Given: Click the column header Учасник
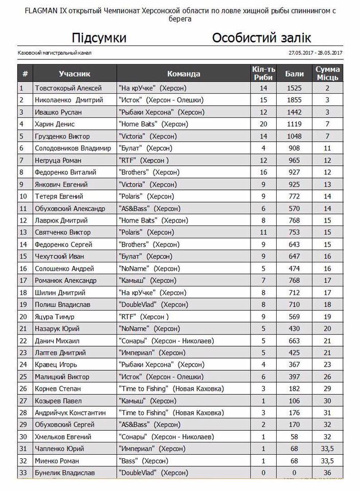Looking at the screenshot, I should tap(74, 74).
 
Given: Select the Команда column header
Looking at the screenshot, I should tap(184, 74).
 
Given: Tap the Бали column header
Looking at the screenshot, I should tap(295, 74).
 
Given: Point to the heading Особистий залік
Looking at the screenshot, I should tap(261, 38).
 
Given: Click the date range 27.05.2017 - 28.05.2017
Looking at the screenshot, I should tap(315, 53).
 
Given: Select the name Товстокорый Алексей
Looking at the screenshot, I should tap(68, 88).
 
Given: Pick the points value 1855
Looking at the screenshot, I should tap(295, 100).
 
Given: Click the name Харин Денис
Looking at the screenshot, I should tap(55, 124).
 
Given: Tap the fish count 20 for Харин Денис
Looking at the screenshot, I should tap(263, 124).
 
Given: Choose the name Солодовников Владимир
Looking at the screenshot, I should tap(73, 148).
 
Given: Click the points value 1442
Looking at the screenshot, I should tap(295, 112).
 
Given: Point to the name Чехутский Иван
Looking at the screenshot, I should tap(59, 257).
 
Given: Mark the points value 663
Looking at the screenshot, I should tap(295, 341).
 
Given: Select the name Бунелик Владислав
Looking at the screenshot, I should tap(64, 473).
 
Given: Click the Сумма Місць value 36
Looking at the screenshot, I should tap(328, 473).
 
